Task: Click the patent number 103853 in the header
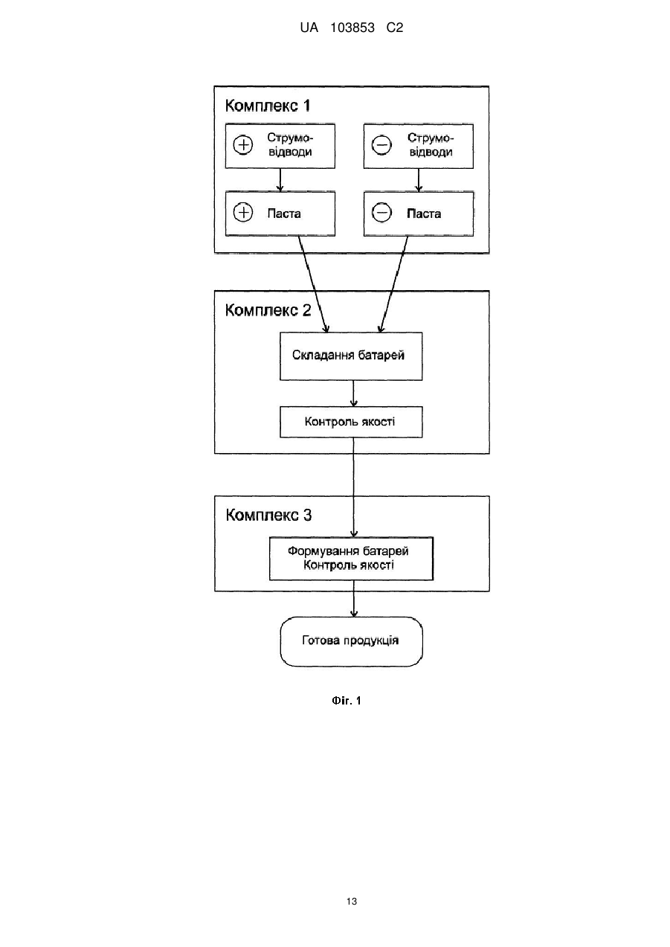click(x=352, y=28)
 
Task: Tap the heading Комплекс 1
click(x=268, y=106)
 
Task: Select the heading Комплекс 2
click(x=268, y=310)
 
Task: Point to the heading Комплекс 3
click(x=269, y=515)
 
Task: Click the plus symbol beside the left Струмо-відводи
click(x=243, y=145)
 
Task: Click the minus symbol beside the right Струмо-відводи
click(x=381, y=145)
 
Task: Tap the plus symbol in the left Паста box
click(x=243, y=212)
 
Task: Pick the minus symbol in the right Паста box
click(x=381, y=212)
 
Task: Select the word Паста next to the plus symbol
click(x=284, y=214)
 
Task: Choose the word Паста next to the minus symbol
click(x=424, y=214)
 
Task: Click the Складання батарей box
click(x=351, y=356)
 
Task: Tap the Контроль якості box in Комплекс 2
click(x=351, y=422)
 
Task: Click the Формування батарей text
click(x=348, y=550)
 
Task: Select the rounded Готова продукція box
click(x=351, y=641)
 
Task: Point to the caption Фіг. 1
click(x=347, y=701)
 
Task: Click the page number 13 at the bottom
click(x=352, y=902)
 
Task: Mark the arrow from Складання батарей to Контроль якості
click(x=354, y=394)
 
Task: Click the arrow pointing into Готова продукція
click(x=354, y=599)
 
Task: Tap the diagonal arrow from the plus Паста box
click(x=313, y=284)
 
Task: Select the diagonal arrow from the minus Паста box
click(x=393, y=284)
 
